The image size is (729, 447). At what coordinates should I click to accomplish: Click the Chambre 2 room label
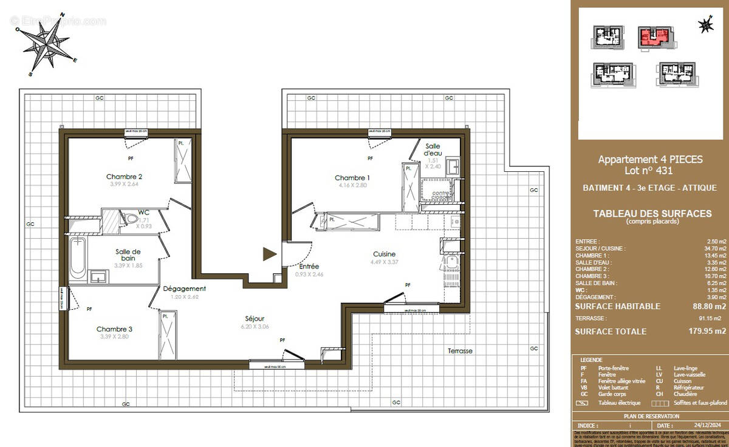tap(124, 177)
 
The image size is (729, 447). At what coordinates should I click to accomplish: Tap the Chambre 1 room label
tap(352, 177)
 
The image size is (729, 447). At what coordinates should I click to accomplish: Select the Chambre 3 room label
tap(114, 329)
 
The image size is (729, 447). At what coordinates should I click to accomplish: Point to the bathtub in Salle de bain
tap(78, 258)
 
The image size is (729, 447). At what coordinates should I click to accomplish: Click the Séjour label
tap(255, 318)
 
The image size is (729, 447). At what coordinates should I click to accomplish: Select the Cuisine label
tap(385, 254)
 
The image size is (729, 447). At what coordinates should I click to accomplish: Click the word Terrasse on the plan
tap(460, 351)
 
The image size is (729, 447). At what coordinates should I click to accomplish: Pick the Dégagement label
tap(185, 289)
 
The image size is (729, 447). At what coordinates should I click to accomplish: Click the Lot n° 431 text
tap(651, 171)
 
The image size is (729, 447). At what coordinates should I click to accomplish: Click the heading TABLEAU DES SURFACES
tap(652, 214)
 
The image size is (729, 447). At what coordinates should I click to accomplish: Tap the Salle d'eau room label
tap(433, 150)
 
